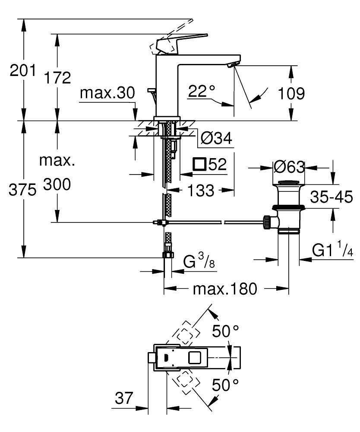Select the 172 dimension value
point(57,78)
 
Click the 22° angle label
point(202,91)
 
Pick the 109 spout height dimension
point(291,93)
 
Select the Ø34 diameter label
point(216,139)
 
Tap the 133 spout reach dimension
point(201,190)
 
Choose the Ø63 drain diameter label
point(289,167)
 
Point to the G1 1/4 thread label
point(332,250)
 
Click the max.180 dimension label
point(224,288)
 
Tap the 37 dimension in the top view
point(124,397)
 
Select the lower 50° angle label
point(225,384)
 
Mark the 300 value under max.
point(57,185)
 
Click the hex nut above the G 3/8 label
point(167,254)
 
